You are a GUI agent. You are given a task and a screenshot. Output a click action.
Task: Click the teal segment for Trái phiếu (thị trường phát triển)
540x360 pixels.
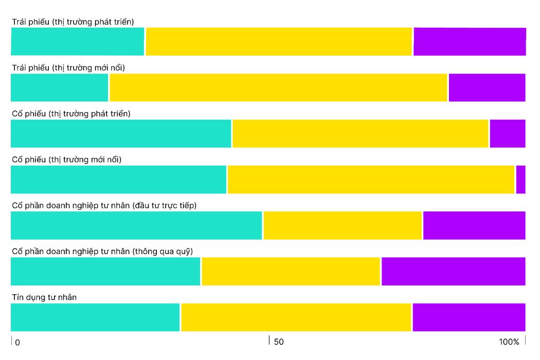[x=77, y=41]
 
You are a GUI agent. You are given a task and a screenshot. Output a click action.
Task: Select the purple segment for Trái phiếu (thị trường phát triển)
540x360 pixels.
[x=470, y=41]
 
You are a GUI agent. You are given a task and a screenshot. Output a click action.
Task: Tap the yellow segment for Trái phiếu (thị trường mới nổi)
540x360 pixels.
[x=278, y=87]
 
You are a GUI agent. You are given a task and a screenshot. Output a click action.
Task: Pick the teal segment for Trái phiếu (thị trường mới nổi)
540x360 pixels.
[x=59, y=87]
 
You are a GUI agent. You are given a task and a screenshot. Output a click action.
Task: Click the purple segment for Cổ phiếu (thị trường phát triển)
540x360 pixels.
[x=508, y=133]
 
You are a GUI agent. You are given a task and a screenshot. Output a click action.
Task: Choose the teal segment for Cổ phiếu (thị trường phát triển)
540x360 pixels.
[x=121, y=133]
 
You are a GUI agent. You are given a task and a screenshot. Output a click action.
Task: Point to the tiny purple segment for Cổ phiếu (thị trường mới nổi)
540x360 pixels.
[x=520, y=179]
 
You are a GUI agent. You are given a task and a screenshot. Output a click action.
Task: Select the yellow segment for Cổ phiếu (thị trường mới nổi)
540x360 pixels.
[x=371, y=179]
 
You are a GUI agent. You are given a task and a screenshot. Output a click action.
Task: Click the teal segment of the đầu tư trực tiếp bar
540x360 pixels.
[x=136, y=225]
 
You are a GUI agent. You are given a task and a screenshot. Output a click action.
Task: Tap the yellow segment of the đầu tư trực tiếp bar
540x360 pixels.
[x=343, y=225]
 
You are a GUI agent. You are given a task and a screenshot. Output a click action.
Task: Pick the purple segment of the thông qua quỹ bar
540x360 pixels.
[x=453, y=271]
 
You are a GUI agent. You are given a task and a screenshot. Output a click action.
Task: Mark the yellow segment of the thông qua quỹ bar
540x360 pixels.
[x=291, y=271]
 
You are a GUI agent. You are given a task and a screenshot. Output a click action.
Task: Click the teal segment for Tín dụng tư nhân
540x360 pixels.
[x=95, y=317]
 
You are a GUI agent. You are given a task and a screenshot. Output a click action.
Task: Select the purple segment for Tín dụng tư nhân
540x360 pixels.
[x=469, y=317]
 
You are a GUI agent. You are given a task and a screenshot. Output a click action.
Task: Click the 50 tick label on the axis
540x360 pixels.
[x=279, y=342]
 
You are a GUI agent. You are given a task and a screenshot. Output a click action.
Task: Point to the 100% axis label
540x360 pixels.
[x=509, y=342]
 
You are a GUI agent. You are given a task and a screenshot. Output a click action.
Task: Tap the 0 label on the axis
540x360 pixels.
[x=17, y=343]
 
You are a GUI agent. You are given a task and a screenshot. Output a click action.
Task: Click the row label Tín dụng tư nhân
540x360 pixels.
[x=44, y=297]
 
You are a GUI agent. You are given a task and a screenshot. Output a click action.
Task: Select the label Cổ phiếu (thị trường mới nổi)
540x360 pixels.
[x=66, y=159]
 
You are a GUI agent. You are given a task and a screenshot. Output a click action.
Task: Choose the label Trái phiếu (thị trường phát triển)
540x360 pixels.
[x=73, y=22]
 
